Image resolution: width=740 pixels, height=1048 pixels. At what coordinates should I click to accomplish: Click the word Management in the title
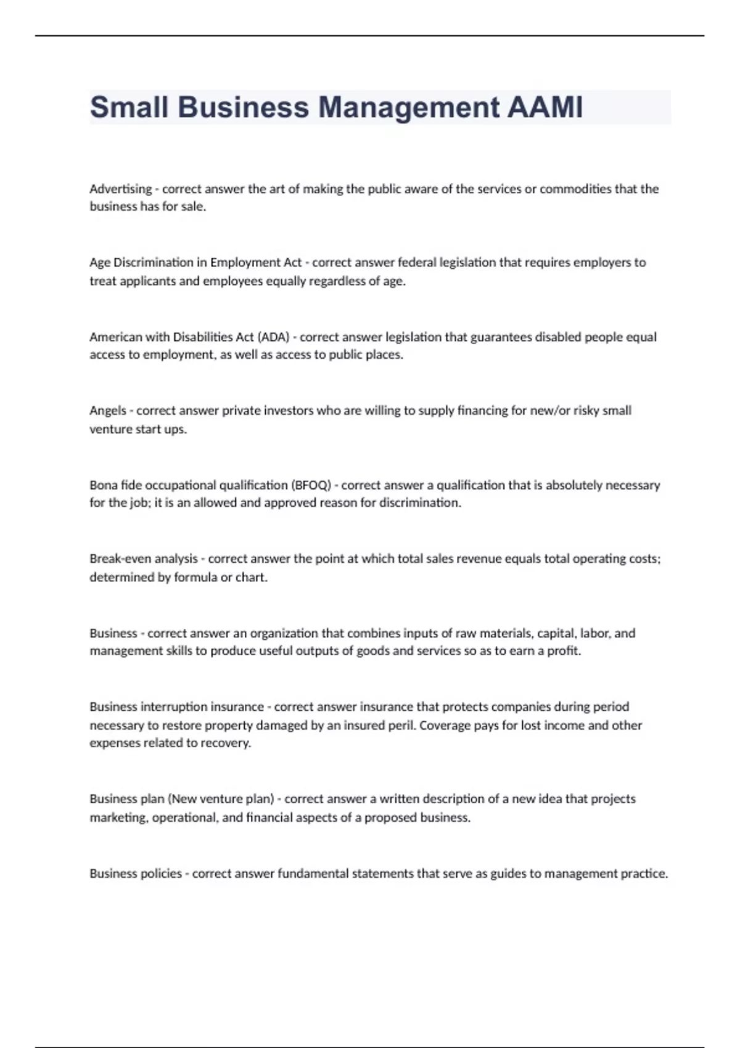pos(408,107)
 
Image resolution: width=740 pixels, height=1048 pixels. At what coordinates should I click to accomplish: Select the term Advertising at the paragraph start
pos(120,189)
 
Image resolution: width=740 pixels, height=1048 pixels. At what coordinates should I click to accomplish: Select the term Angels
pos(107,411)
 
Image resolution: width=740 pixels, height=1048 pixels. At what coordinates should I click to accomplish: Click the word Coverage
pos(445,726)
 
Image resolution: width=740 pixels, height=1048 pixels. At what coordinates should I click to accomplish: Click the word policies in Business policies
pos(162,874)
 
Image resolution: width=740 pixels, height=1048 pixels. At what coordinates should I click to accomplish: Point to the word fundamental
pos(313,874)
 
